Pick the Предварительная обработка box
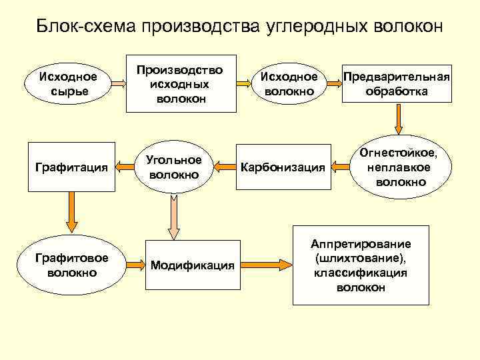tap(397, 83)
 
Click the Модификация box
tap(192, 265)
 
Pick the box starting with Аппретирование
tap(360, 265)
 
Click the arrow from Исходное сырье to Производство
tap(119, 83)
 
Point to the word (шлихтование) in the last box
tap(361, 258)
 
